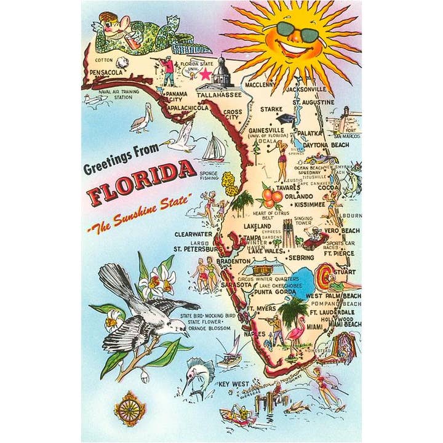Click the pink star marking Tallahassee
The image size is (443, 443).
205,74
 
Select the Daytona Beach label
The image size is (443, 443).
325,145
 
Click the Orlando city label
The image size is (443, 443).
296,197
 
